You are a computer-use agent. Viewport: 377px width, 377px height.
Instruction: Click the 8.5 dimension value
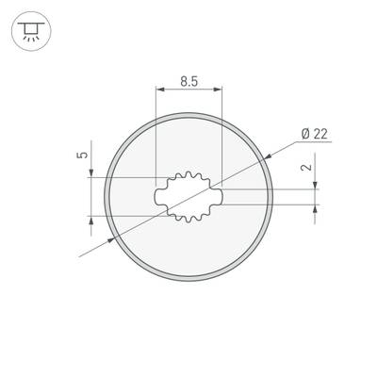point(188,82)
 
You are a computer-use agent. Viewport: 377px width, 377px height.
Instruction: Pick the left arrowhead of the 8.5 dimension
point(157,91)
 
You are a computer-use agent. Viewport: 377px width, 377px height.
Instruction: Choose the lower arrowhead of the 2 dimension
point(314,207)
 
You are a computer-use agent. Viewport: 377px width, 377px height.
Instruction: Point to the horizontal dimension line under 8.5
point(188,91)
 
